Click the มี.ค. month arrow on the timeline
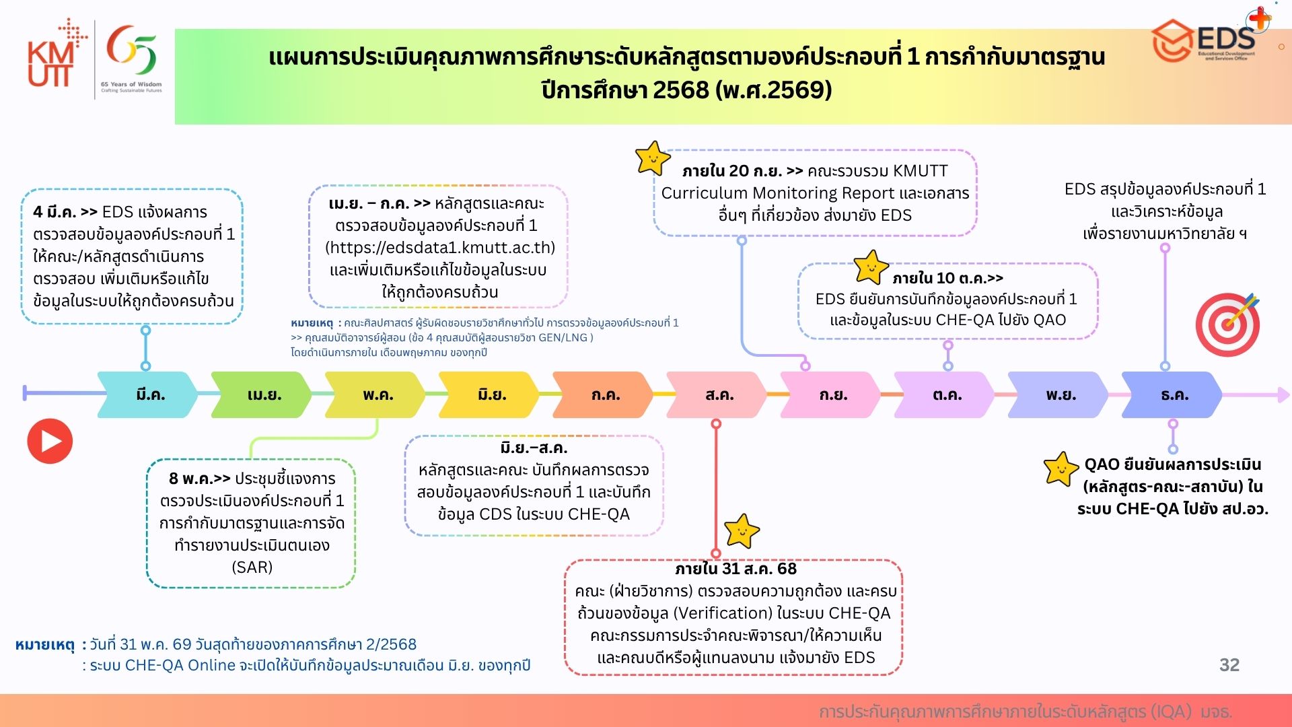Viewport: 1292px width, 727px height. click(x=148, y=394)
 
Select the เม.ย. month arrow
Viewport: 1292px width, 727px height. click(x=262, y=394)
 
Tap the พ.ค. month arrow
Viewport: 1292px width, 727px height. click(x=375, y=394)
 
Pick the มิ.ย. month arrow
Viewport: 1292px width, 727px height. click(x=489, y=394)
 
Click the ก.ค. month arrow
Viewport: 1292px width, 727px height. click(x=603, y=394)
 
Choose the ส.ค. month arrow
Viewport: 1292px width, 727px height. click(x=717, y=394)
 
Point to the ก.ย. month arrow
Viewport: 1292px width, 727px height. click(x=830, y=394)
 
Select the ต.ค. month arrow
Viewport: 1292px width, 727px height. click(x=944, y=394)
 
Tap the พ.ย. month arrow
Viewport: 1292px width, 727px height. click(x=1058, y=394)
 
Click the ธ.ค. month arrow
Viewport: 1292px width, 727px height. click(x=1172, y=394)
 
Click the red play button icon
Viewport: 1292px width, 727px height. click(x=50, y=441)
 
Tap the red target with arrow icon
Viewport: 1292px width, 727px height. click(x=1228, y=324)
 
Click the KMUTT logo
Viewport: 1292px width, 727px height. click(x=57, y=54)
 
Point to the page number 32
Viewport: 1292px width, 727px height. click(x=1229, y=665)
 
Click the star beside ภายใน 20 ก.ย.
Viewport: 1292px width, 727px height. click(x=653, y=158)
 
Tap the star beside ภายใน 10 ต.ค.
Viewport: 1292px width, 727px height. click(x=871, y=267)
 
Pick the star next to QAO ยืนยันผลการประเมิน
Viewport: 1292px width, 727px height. click(x=1061, y=469)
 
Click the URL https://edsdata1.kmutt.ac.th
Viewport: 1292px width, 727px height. click(x=440, y=248)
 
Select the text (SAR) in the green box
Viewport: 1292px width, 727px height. click(x=252, y=567)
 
